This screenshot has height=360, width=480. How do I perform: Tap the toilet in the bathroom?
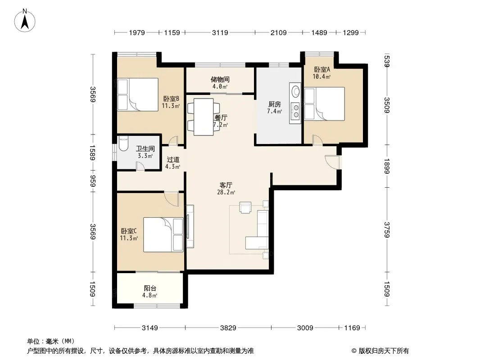[x=123, y=144]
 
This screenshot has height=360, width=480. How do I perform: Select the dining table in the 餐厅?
[x=204, y=117]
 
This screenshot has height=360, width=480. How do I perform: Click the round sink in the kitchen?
[x=295, y=91]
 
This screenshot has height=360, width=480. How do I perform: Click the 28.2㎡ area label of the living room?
[x=226, y=193]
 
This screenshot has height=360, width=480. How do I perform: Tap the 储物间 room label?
[x=220, y=80]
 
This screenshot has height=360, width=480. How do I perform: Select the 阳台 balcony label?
[x=150, y=288]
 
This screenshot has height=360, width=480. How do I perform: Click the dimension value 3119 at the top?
[x=220, y=32]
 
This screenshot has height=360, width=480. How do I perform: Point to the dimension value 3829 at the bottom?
[x=228, y=328]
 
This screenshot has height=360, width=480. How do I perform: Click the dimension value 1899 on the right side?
[x=386, y=166]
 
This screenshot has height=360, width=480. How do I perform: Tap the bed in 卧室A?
[x=325, y=103]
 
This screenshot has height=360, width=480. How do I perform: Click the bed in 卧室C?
[x=163, y=234]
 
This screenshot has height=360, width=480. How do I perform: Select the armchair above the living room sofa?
[x=245, y=207]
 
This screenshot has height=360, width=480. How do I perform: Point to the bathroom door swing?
[x=140, y=166]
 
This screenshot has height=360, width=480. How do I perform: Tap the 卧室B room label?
[x=171, y=99]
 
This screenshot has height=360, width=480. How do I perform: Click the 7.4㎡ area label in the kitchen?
[x=274, y=111]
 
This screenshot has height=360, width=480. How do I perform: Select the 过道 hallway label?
[x=173, y=160]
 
